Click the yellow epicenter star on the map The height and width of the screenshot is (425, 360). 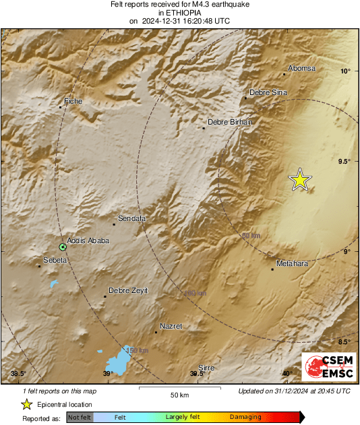(x=300, y=180)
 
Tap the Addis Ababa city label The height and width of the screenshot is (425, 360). (x=88, y=240)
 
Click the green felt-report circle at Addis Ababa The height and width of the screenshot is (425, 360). (x=63, y=247)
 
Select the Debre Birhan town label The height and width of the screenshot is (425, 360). (x=229, y=122)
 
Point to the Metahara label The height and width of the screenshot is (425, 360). (x=292, y=263)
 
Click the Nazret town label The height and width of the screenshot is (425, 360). (x=171, y=326)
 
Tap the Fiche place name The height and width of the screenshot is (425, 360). (x=73, y=101)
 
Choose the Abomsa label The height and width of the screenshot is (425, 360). (x=301, y=69)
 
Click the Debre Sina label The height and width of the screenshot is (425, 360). (x=268, y=92)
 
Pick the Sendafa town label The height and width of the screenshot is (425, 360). (x=132, y=218)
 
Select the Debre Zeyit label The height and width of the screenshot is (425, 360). (x=128, y=290)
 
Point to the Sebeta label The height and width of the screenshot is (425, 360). (x=55, y=260)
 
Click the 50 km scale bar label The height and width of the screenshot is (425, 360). (x=179, y=394)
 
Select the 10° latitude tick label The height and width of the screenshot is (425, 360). (x=345, y=71)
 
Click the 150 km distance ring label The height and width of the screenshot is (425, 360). (x=137, y=350)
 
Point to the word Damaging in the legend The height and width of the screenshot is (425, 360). (x=245, y=418)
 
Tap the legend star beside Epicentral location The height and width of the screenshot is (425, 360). (x=27, y=404)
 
